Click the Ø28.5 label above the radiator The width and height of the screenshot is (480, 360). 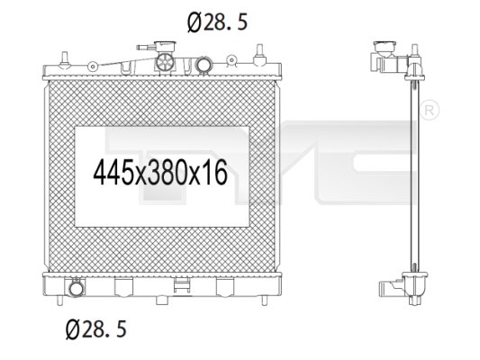pyautogui.click(x=217, y=22)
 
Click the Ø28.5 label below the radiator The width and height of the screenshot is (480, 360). pyautogui.click(x=96, y=329)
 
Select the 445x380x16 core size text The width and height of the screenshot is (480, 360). pyautogui.click(x=160, y=172)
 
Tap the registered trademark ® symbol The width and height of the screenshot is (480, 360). pyautogui.click(x=429, y=110)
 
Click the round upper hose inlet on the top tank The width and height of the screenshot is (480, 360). pyautogui.click(x=204, y=65)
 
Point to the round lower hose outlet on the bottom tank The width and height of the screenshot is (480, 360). pyautogui.click(x=77, y=288)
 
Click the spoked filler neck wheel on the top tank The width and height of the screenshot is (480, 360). pyautogui.click(x=166, y=61)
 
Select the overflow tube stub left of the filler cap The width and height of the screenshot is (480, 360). pyautogui.click(x=146, y=48)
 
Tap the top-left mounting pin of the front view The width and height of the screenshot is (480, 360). pyautogui.click(x=64, y=58)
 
